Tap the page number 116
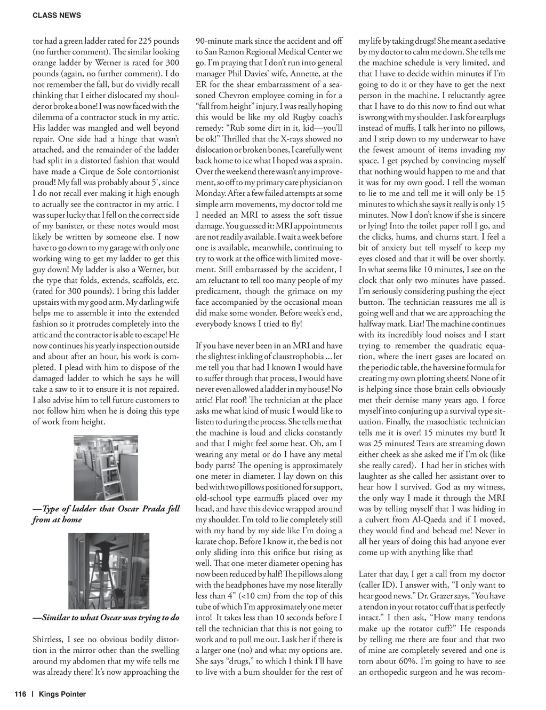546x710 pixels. [x=20, y=694]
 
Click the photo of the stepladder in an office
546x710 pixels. [x=106, y=468]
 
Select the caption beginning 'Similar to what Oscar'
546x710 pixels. [x=106, y=618]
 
